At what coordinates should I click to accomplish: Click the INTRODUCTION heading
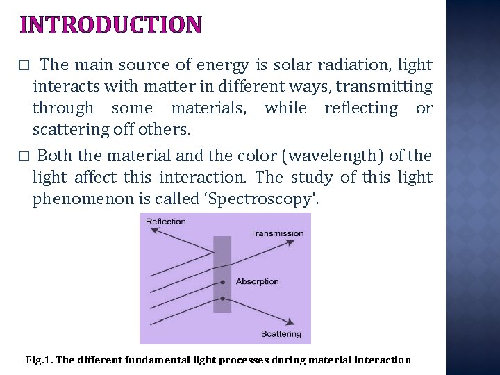click(111, 25)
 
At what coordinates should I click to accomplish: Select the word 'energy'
click(224, 66)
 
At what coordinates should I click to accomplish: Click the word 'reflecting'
click(360, 108)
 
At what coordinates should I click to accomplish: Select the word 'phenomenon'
click(76, 199)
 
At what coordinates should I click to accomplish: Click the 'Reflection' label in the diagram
click(165, 222)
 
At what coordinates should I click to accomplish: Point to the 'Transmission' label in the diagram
click(277, 233)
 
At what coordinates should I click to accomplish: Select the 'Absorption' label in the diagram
click(257, 281)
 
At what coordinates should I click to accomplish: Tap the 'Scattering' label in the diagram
click(281, 334)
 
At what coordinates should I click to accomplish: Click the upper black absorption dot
click(222, 282)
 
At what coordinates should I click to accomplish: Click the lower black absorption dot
click(222, 299)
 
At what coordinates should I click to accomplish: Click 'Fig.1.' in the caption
click(39, 360)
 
